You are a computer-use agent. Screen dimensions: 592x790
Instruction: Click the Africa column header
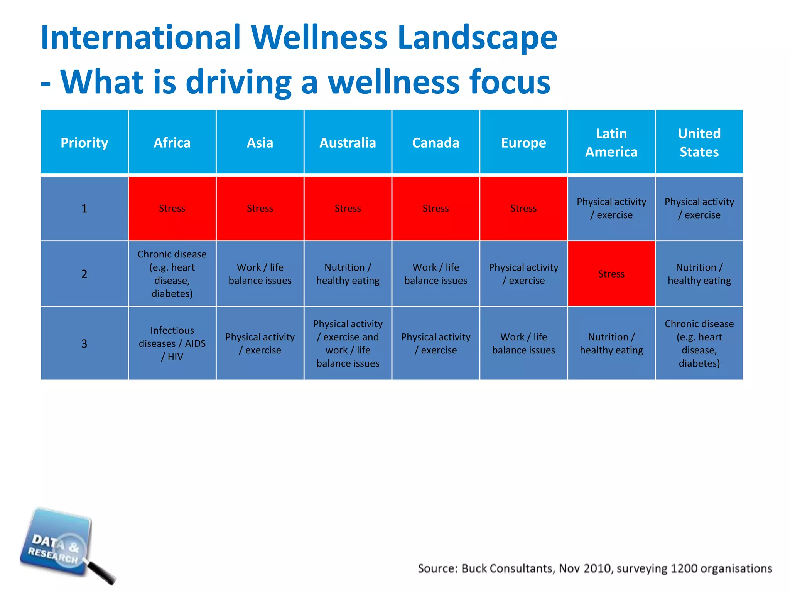(x=172, y=143)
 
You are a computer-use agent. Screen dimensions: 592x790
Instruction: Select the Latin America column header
(x=611, y=143)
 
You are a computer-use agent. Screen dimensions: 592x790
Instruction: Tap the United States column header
(x=699, y=143)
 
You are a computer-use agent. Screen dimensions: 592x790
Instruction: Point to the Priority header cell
(x=84, y=143)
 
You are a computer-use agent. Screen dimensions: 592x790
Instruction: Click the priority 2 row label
(x=84, y=274)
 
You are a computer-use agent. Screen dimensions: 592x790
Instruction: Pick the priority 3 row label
(x=84, y=343)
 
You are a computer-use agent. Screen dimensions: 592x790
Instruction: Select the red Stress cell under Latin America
(x=611, y=274)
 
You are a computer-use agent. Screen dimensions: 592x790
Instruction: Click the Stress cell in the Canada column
(x=436, y=209)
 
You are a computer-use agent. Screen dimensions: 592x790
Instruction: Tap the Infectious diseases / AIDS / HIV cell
(x=172, y=343)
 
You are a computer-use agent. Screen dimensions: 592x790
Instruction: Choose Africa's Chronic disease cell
(x=172, y=274)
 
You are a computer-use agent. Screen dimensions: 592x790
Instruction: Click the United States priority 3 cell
(x=699, y=343)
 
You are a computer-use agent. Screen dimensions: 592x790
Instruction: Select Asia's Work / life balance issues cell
(x=260, y=274)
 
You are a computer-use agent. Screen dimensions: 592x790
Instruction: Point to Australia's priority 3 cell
(x=348, y=343)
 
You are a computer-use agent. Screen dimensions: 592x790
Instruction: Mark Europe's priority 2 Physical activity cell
(x=523, y=274)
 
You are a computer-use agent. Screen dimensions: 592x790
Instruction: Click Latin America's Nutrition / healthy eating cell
(x=611, y=343)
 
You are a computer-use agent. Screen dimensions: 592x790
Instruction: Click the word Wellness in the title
(x=319, y=37)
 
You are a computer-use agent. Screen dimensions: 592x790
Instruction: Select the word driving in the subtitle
(x=238, y=82)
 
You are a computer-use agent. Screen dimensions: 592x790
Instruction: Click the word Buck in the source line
(x=474, y=568)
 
